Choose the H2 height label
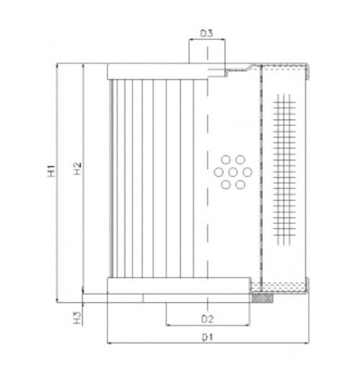pyautogui.click(x=76, y=169)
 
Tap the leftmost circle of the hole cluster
pyautogui.click(x=218, y=171)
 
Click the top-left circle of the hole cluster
pyautogui.click(x=224, y=159)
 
